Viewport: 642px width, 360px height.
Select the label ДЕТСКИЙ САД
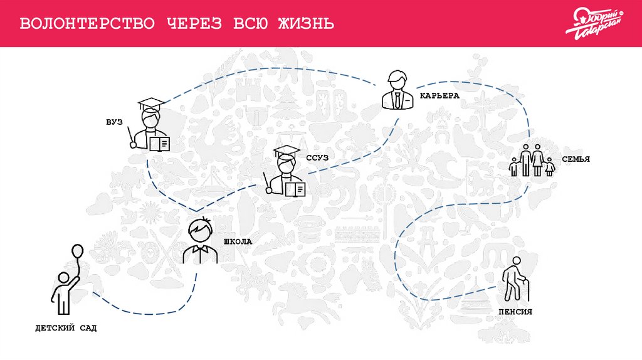(x=66, y=328)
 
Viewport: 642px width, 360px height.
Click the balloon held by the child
(x=76, y=252)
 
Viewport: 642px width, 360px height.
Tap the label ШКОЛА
(x=238, y=241)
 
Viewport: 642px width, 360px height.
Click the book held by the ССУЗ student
(x=295, y=189)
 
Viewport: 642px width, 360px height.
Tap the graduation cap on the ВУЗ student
(x=150, y=104)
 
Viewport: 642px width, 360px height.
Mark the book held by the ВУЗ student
(x=160, y=144)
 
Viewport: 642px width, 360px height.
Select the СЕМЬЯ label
(x=576, y=159)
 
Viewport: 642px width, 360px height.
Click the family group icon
(x=532, y=161)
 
